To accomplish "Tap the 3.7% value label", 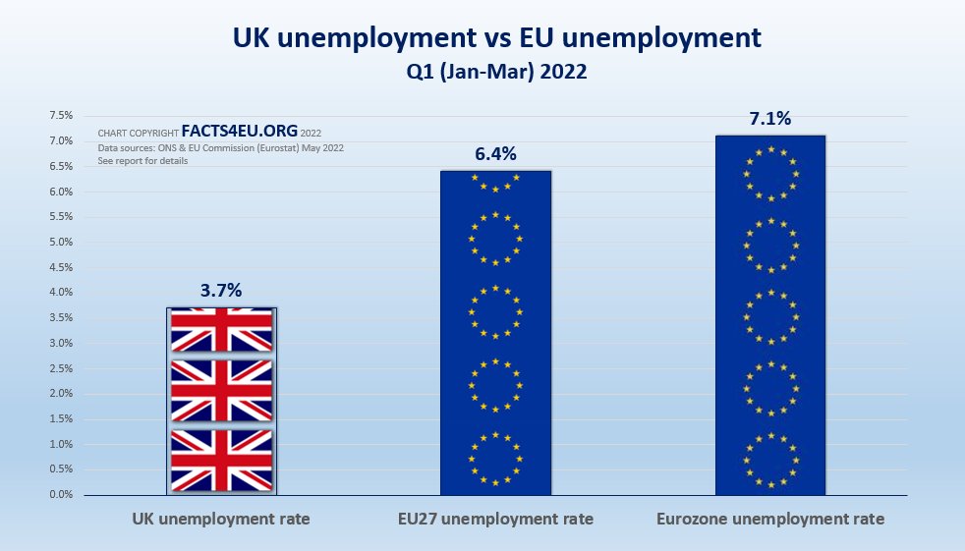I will (x=221, y=290).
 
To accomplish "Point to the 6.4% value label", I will (x=495, y=153).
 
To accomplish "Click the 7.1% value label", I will (x=770, y=119).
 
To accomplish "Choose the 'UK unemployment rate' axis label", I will (x=221, y=519).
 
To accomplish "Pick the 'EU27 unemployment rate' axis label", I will (x=495, y=519).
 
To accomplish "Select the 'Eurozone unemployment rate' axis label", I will (x=770, y=519).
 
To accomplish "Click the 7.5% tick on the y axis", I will (x=61, y=116).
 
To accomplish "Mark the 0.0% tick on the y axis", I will (x=61, y=495).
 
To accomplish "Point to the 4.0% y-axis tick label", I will (x=61, y=293).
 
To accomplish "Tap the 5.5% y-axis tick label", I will (x=61, y=217).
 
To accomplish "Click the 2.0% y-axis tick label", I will (x=61, y=394).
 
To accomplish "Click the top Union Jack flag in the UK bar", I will (x=222, y=331).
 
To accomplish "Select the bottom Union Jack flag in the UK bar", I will (x=222, y=460).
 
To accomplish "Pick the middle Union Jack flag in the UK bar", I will (x=222, y=391).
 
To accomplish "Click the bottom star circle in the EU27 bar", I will (x=495, y=458).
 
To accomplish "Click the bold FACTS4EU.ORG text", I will (x=240, y=132).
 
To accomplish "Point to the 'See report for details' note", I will (x=142, y=160).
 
